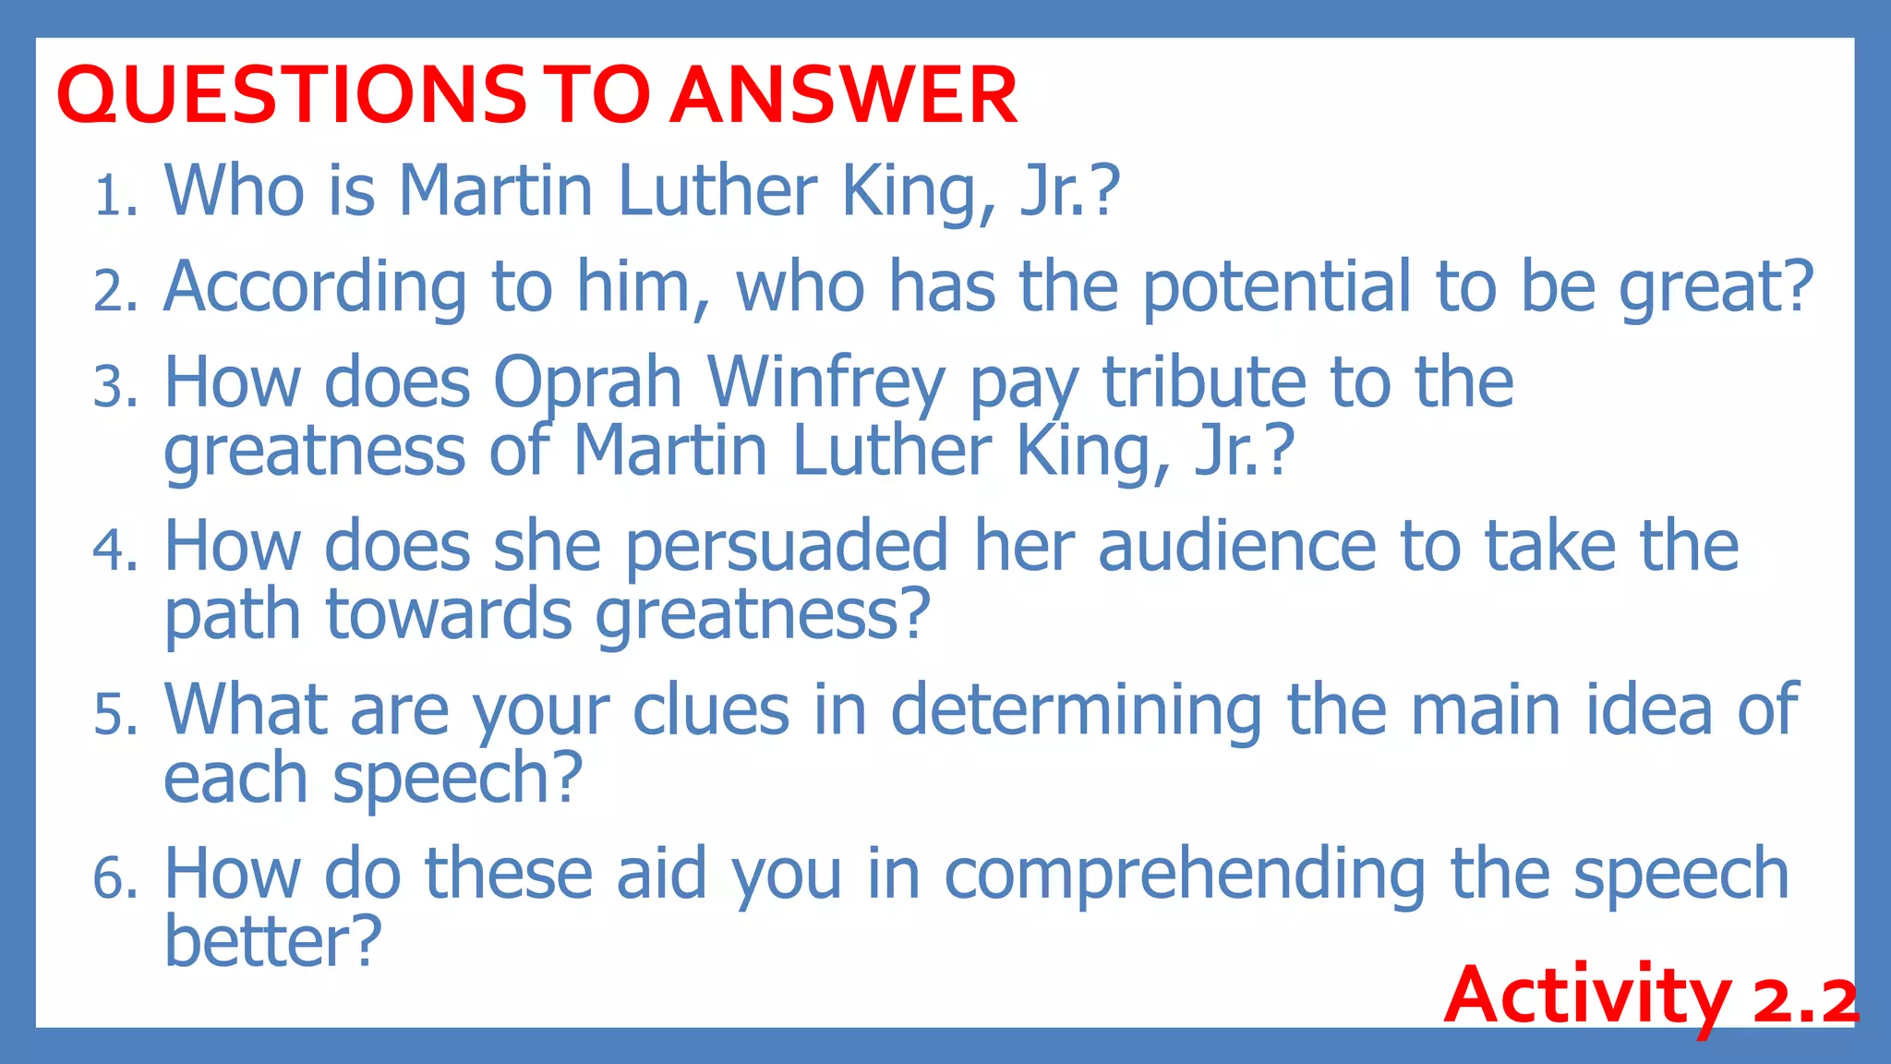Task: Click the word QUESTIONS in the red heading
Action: point(292,95)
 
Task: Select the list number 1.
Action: point(114,197)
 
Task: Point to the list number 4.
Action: point(114,550)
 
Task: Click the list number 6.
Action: point(114,878)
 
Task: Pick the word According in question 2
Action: point(315,287)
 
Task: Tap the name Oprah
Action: point(587,383)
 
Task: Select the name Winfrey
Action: point(826,383)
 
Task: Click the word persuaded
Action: point(787,547)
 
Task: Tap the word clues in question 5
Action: point(711,710)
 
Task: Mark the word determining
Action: point(1076,712)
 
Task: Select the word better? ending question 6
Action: point(272,941)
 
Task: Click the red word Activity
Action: point(1588,997)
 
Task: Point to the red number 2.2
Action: point(1805,999)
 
